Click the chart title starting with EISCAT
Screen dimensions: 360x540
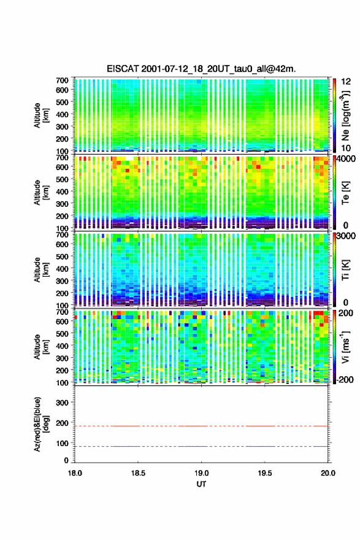pyautogui.click(x=201, y=69)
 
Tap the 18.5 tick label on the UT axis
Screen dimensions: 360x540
pyautogui.click(x=138, y=473)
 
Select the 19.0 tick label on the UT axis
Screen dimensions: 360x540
pyautogui.click(x=201, y=473)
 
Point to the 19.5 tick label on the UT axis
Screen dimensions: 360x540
pyautogui.click(x=265, y=473)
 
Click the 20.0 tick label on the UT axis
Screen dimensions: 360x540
pyautogui.click(x=328, y=473)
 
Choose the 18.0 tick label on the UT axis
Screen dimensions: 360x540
pyautogui.click(x=75, y=473)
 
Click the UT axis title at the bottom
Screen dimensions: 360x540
pyautogui.click(x=201, y=484)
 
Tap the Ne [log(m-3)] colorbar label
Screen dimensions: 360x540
pyautogui.click(x=345, y=115)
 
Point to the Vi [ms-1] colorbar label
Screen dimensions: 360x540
pyautogui.click(x=345, y=347)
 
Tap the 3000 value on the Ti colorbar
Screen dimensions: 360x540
pyautogui.click(x=347, y=236)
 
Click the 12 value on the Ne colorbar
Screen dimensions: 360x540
pyautogui.click(x=347, y=82)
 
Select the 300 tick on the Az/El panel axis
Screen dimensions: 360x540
pyautogui.click(x=63, y=403)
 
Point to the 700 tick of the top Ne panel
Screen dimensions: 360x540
pyautogui.click(x=63, y=80)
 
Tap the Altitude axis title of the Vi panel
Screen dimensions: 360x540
pyautogui.click(x=40, y=347)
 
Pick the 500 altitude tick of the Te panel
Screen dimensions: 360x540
pyautogui.click(x=63, y=179)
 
